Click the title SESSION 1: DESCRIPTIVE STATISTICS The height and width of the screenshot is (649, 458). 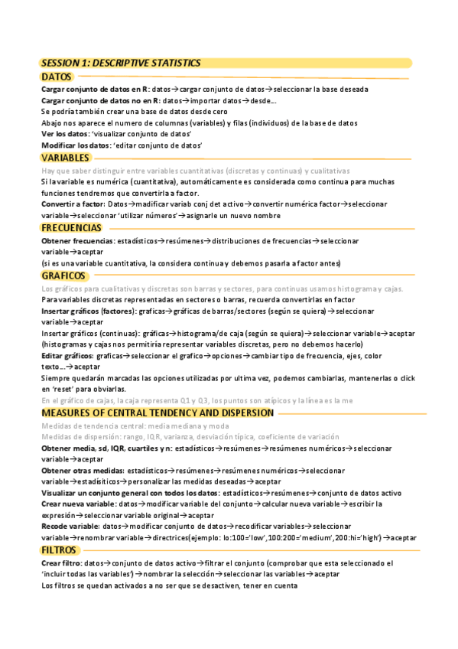[121, 63]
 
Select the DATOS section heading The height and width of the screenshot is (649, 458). [57, 77]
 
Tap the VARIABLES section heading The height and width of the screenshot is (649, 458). [65, 158]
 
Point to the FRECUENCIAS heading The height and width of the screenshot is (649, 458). [71, 228]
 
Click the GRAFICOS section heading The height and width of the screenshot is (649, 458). [63, 276]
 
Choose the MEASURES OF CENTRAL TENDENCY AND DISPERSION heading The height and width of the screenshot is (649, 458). [157, 413]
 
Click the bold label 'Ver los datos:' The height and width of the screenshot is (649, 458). [65, 134]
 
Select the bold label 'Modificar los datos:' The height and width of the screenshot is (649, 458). [75, 145]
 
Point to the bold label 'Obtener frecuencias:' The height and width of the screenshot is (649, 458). [78, 240]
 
